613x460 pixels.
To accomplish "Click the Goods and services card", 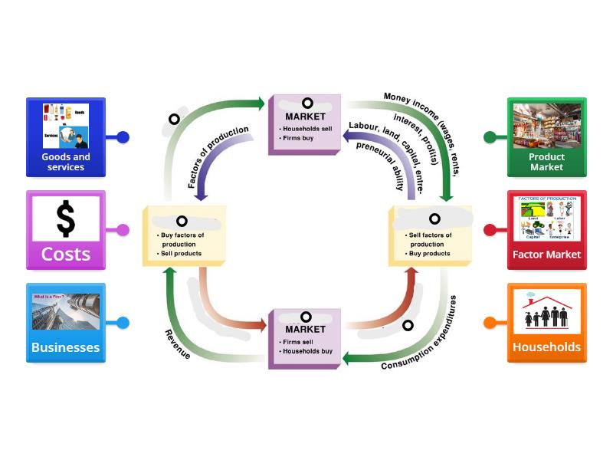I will [x=66, y=136].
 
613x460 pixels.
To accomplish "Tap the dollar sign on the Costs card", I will [x=66, y=219].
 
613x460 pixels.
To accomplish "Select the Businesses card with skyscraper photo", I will [x=66, y=322].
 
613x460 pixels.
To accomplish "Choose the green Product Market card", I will [x=546, y=136].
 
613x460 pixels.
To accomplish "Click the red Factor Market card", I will [x=546, y=230].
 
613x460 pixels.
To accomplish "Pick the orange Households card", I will [x=546, y=322].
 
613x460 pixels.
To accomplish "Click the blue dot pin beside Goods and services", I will [x=123, y=137].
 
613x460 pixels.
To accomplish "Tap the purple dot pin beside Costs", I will [x=123, y=229].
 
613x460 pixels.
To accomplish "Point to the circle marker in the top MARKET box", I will [x=307, y=103].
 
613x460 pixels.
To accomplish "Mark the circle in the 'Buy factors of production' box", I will [x=182, y=221].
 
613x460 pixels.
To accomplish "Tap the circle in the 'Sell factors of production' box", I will [x=434, y=219].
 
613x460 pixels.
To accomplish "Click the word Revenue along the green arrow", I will [x=178, y=344].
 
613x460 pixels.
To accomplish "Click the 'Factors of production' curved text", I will [x=218, y=157].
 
